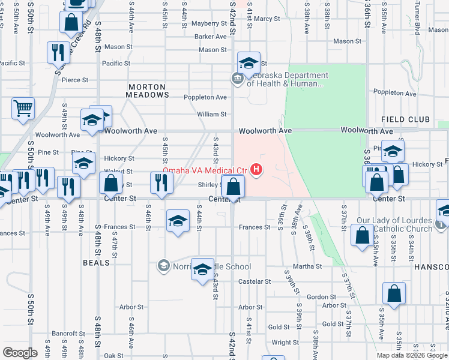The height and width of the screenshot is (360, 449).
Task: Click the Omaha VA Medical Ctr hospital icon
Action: tap(257, 170)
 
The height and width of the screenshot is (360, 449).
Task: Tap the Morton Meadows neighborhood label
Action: tap(148, 91)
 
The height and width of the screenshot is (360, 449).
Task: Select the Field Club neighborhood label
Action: tap(405, 120)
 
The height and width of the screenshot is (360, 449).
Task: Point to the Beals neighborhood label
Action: tap(97, 263)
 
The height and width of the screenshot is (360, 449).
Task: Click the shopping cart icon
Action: tap(23, 109)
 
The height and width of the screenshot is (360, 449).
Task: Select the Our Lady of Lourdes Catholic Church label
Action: tap(394, 224)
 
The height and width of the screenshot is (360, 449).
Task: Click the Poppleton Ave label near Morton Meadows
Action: tap(204, 97)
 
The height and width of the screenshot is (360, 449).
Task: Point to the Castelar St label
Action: tap(255, 281)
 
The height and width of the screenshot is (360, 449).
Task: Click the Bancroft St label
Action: tap(64, 333)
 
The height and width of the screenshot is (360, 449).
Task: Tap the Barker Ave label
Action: tap(209, 37)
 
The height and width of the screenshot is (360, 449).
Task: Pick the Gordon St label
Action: tap(321, 297)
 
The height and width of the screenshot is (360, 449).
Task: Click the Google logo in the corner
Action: tap(20, 353)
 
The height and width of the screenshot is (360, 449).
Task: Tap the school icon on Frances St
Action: tap(177, 221)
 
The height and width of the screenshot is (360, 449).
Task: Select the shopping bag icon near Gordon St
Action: tap(394, 294)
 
